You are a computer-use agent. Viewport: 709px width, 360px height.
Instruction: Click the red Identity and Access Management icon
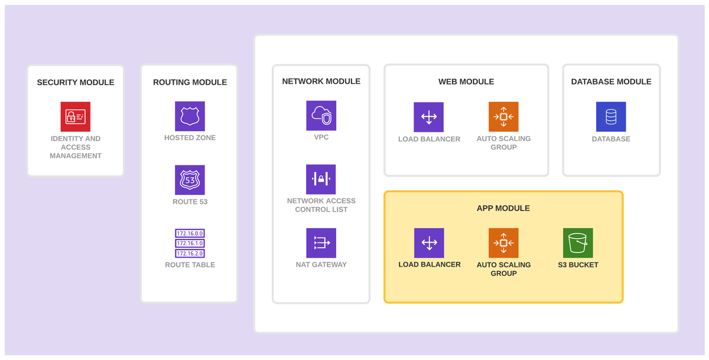76,116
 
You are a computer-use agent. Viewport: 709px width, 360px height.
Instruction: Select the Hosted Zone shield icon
190,116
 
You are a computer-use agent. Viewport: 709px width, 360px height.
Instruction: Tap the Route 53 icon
190,180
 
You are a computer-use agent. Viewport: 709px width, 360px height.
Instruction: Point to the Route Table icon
190,243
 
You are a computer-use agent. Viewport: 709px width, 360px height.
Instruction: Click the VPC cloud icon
321,115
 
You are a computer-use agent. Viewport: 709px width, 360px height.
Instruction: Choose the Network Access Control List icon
321,179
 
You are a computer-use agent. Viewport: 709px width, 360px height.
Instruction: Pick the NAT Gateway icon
321,243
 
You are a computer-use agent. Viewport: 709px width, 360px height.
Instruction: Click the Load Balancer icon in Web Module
428,117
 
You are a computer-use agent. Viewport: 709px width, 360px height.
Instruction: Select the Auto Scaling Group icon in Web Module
503,117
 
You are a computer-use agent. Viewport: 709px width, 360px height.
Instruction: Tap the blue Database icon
611,117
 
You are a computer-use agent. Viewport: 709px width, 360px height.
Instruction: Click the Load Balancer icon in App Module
429,243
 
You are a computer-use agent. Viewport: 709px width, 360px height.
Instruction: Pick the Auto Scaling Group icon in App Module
503,243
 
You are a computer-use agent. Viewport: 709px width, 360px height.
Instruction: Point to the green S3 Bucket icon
578,243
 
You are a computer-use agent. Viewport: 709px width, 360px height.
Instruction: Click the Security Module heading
76,82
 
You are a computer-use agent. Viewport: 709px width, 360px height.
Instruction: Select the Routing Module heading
190,82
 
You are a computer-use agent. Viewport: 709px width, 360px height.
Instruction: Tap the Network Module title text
321,82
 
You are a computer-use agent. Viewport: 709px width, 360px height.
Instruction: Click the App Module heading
503,208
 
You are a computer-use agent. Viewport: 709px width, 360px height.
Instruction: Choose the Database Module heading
611,82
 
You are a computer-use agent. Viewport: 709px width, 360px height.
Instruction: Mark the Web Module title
466,82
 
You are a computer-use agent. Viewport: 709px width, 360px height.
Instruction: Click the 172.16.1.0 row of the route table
190,243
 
